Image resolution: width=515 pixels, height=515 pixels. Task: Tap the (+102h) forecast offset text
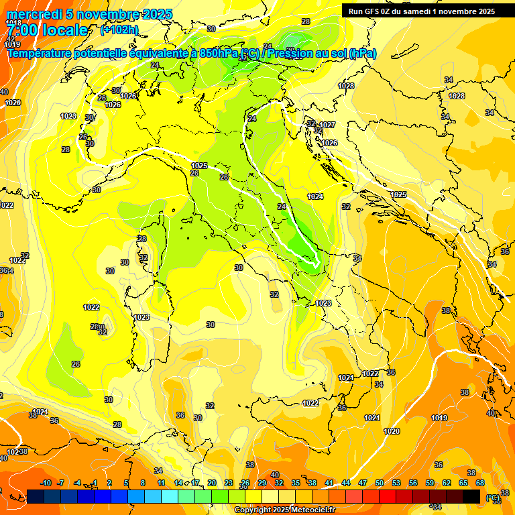[x=119, y=30]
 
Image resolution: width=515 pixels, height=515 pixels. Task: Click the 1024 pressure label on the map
[x=315, y=196]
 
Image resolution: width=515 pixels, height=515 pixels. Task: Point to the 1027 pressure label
[x=327, y=125]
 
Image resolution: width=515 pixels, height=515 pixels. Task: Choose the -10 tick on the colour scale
[x=46, y=483]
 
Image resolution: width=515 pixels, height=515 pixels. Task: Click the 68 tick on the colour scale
[x=480, y=483]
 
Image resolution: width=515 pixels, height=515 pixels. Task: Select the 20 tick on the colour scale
[x=212, y=483]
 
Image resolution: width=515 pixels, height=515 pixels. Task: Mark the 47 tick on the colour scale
[x=363, y=483]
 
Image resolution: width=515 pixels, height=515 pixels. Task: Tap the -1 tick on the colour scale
[x=95, y=483]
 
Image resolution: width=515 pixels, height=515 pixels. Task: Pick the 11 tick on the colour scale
[x=162, y=483]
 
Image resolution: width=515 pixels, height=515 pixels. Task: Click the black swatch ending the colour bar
[x=471, y=496]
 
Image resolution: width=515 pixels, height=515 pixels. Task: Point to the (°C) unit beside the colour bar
[x=493, y=498]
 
